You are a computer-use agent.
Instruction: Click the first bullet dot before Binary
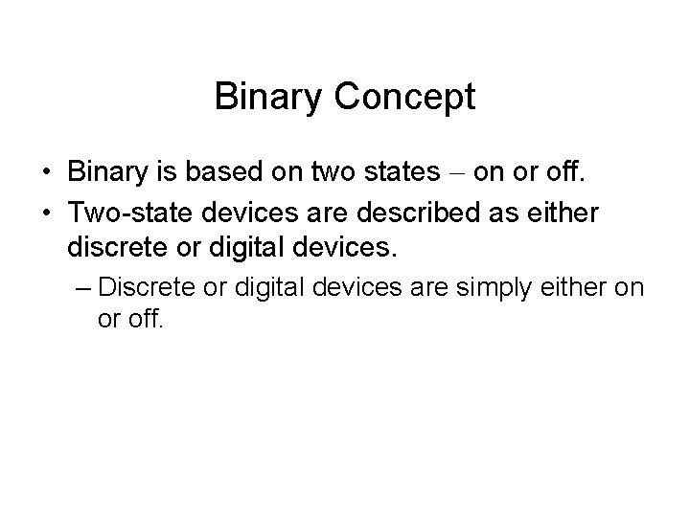click(46, 174)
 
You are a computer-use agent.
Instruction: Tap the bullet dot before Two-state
click(46, 214)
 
